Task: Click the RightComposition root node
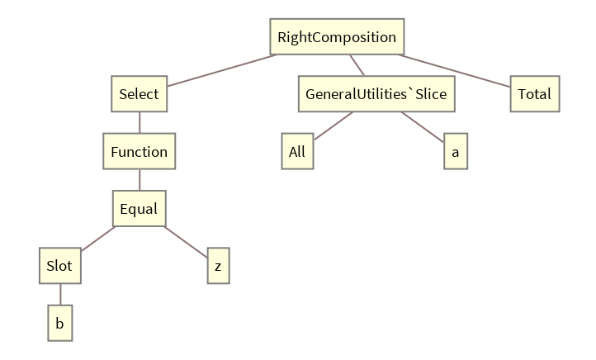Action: tap(337, 37)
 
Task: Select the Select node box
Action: tap(139, 94)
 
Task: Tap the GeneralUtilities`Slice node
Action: tap(376, 94)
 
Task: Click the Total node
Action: tap(535, 94)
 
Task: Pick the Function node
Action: tap(139, 152)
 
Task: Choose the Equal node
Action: tap(139, 209)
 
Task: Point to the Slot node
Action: tap(59, 266)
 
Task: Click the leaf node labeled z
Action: tap(218, 266)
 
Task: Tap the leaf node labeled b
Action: tap(59, 324)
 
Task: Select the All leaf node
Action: tap(297, 152)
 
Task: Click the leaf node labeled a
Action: tap(455, 152)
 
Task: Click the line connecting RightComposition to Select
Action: tap(221, 70)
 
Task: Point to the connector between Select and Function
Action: tap(139, 123)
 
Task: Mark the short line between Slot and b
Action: tap(59, 295)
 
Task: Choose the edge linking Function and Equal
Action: tap(139, 180)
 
